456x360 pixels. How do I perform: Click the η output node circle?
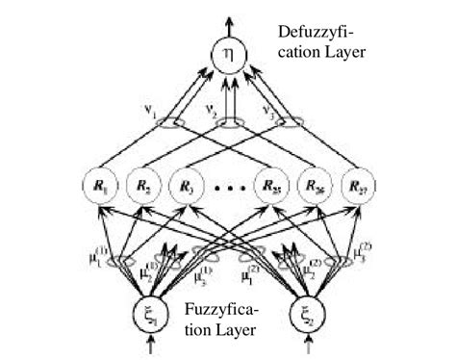tap(227, 56)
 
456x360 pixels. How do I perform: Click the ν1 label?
tap(151, 110)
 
